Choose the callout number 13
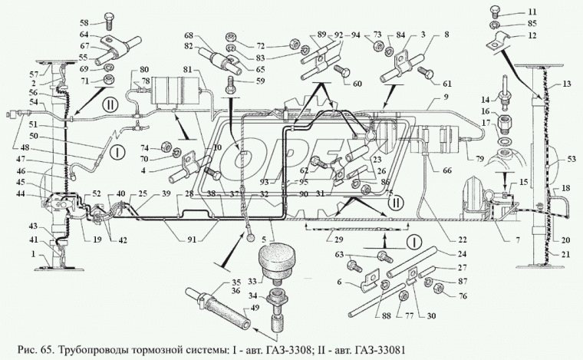[567, 84]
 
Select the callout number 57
[33, 74]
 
